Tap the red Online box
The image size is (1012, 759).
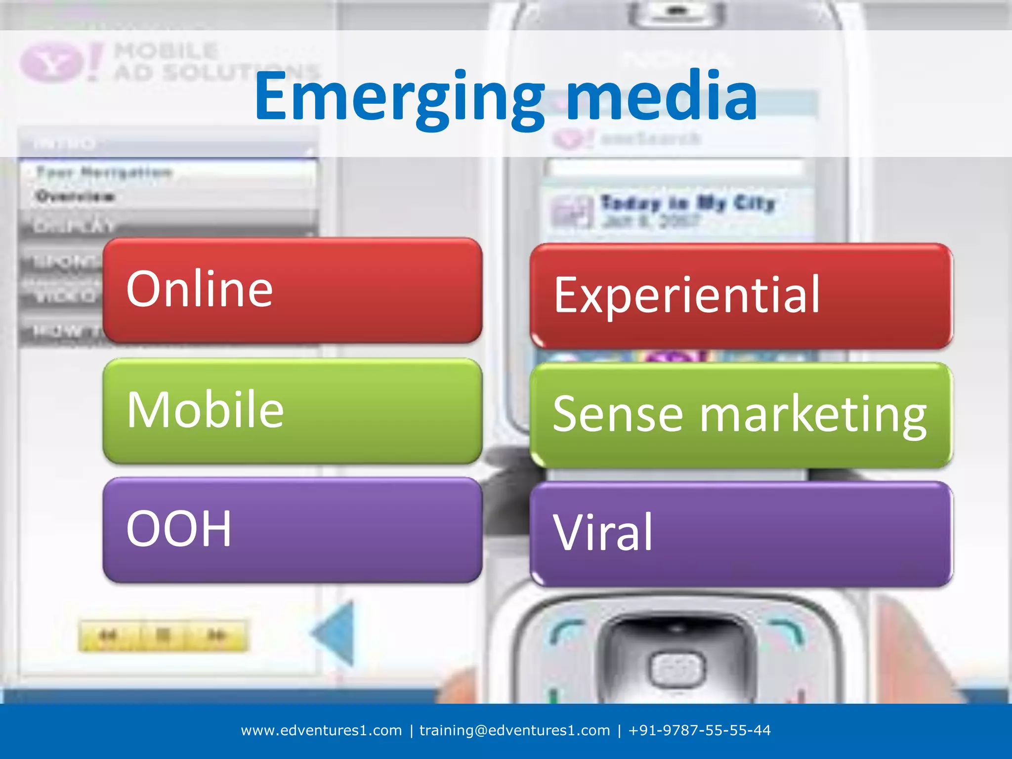292,290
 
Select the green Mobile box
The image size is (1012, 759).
292,410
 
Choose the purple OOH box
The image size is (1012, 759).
292,529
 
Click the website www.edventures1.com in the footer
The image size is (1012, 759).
321,730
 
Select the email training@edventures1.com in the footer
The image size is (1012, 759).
514,730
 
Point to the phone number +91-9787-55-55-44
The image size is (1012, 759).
699,730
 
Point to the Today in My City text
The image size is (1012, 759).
687,203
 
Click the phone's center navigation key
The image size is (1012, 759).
676,670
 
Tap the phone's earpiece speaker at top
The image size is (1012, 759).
677,11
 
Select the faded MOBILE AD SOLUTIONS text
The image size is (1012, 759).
198,62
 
